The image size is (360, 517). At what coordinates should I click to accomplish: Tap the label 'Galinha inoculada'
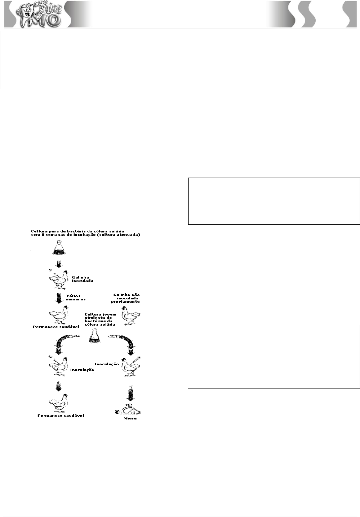click(82, 279)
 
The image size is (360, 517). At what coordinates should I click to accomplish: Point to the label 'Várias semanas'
click(76, 297)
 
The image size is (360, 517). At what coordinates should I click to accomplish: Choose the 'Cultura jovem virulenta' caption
click(100, 319)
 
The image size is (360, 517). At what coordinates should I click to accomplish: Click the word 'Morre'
click(130, 418)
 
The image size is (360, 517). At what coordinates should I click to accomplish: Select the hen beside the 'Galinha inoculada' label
click(58, 279)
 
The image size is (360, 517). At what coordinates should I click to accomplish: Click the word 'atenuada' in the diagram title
click(129, 235)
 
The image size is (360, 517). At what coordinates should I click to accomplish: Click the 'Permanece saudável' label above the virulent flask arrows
click(56, 327)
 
